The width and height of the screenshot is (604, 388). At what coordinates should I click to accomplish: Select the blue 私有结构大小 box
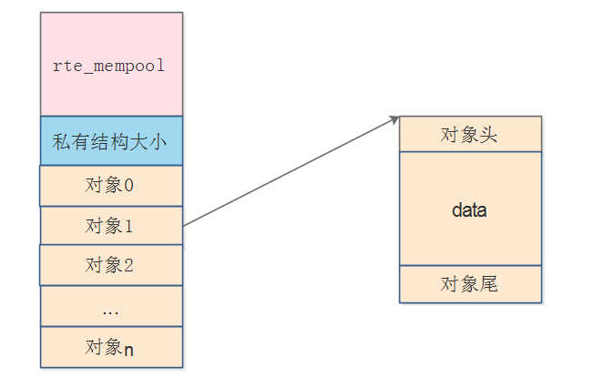(x=111, y=141)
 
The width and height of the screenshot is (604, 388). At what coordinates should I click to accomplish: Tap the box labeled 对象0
(x=111, y=186)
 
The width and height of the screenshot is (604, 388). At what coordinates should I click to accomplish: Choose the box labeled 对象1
(x=111, y=225)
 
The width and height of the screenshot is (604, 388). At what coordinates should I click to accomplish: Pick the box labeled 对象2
(x=111, y=265)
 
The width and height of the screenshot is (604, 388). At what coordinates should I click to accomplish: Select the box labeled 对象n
(x=111, y=347)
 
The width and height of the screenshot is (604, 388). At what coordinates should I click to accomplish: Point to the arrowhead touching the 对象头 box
(x=395, y=118)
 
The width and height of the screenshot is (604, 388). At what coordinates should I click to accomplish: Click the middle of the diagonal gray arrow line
(x=292, y=171)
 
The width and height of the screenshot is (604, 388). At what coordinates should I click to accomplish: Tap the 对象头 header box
(x=470, y=134)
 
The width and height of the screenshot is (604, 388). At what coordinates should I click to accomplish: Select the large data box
(x=470, y=209)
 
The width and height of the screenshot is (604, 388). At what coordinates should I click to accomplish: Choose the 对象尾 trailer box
(x=470, y=284)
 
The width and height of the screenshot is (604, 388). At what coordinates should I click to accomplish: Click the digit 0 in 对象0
(x=128, y=186)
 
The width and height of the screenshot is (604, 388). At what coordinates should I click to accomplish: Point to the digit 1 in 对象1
(x=128, y=225)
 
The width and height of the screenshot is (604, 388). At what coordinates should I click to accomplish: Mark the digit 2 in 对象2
(x=128, y=265)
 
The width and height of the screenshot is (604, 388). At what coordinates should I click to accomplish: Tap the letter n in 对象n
(x=129, y=348)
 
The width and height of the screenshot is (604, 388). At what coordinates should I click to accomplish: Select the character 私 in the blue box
(x=61, y=141)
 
